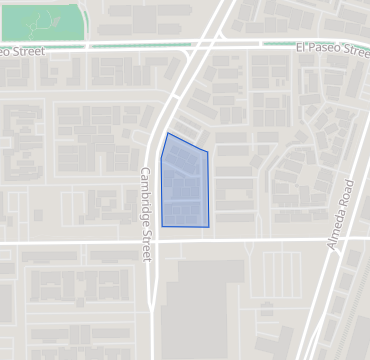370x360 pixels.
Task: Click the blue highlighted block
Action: (185, 183)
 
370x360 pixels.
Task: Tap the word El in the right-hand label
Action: (301, 47)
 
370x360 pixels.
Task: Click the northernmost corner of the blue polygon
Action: (168, 133)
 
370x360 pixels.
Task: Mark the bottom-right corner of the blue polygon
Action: (209, 227)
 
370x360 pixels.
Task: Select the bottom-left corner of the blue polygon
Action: (162, 226)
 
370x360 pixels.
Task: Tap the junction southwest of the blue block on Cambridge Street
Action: (152, 241)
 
